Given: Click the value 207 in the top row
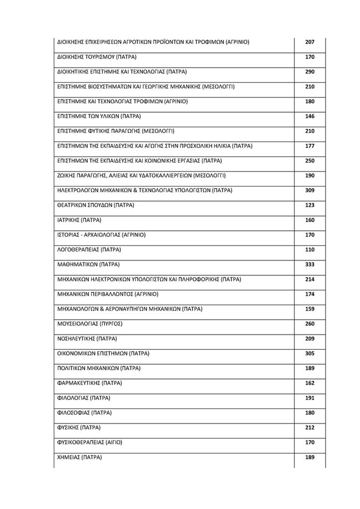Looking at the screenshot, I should click(x=309, y=42).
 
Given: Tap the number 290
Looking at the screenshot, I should click(x=309, y=72).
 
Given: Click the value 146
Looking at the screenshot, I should click(x=309, y=116).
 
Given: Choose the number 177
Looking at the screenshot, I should click(x=309, y=146).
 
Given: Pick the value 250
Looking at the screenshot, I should click(x=309, y=161).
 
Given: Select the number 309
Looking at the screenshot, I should click(x=309, y=190).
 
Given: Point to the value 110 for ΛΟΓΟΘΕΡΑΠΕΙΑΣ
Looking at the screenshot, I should click(x=309, y=250).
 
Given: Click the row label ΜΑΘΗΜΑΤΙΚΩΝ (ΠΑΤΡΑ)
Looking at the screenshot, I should click(x=89, y=264).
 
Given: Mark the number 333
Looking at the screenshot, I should click(x=309, y=264).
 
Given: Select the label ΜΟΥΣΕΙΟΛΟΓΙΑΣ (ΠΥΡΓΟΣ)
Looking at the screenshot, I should click(x=90, y=324).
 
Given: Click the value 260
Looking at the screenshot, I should click(x=309, y=324).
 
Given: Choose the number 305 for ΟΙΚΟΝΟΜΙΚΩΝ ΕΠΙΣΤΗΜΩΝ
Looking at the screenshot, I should click(x=309, y=353).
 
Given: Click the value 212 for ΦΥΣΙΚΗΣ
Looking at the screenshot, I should click(x=309, y=427).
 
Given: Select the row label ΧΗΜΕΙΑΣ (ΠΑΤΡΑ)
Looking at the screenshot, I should click(x=80, y=457).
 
